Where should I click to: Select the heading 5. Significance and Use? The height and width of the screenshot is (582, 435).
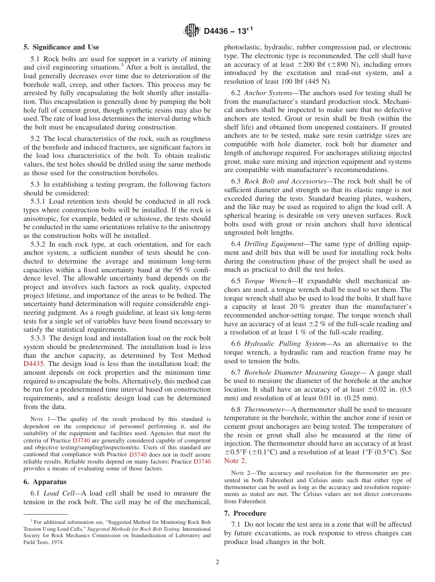tap(61, 47)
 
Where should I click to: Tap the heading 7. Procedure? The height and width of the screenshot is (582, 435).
tap(245, 513)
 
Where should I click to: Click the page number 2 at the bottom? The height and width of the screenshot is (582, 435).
tap(217, 562)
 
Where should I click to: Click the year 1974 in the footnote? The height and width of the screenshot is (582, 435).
tap(57, 542)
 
